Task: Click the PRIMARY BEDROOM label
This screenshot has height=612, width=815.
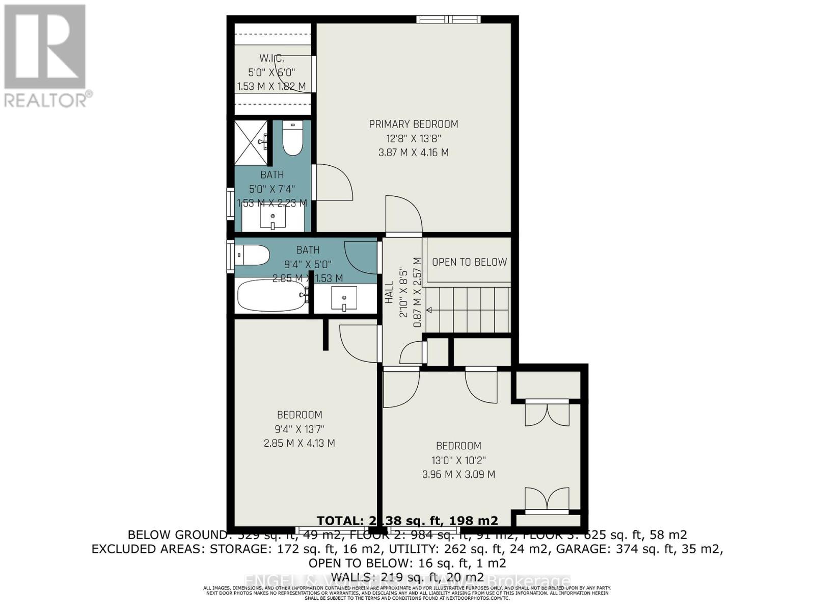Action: click(413, 124)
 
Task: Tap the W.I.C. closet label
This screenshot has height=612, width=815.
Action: click(271, 59)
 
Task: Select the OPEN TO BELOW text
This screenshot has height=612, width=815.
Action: click(469, 262)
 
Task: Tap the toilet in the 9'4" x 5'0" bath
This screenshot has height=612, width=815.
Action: click(252, 255)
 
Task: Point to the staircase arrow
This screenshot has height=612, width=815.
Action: click(429, 310)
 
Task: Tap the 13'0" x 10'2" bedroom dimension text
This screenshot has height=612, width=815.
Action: click(458, 460)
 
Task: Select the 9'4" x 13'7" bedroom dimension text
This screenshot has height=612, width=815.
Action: click(299, 429)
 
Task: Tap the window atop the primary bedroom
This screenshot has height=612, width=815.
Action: click(448, 19)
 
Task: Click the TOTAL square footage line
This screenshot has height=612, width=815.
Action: click(407, 520)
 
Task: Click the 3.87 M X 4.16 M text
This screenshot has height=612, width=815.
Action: click(413, 152)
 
